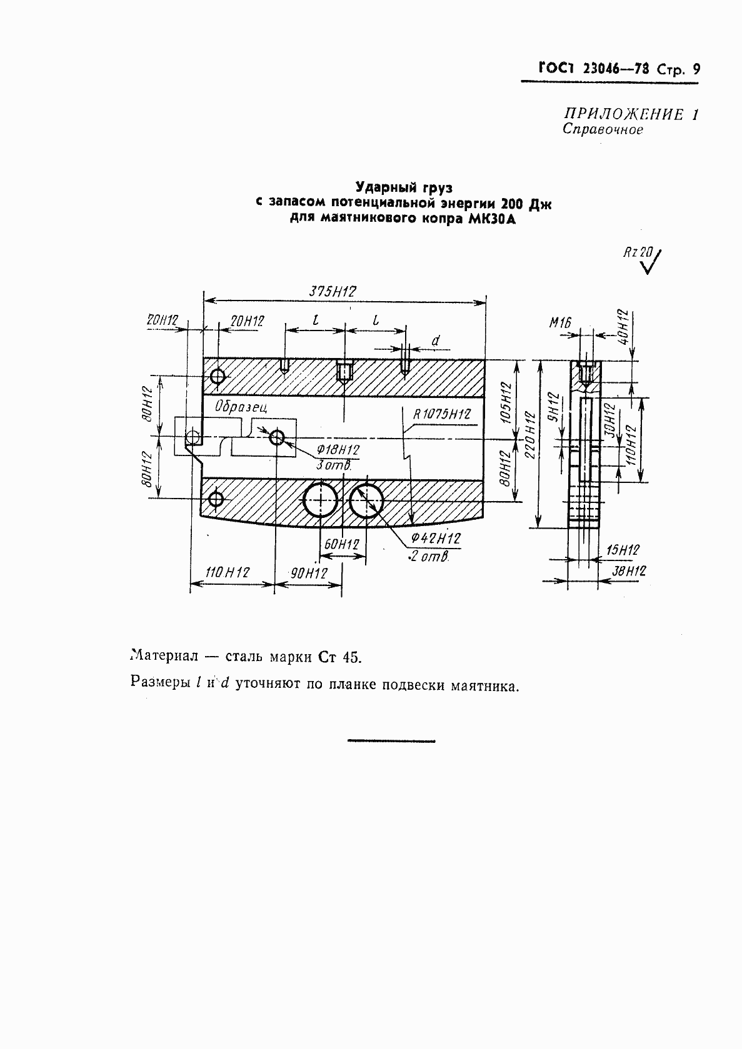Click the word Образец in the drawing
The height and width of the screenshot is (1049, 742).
(241, 407)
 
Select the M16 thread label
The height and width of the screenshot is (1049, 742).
(561, 322)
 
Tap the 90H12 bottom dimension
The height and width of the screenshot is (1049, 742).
(307, 573)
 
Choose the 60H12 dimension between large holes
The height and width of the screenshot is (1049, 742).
(341, 545)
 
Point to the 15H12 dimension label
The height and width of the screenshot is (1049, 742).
(623, 550)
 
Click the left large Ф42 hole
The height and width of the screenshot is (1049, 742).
(320, 500)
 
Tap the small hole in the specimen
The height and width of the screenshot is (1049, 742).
(277, 437)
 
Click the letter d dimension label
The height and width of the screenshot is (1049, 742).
(436, 341)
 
